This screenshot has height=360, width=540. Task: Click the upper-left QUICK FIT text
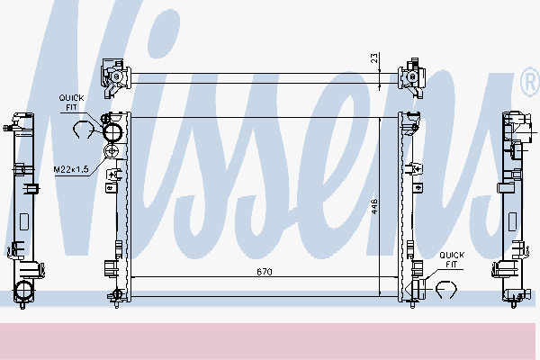click(x=73, y=103)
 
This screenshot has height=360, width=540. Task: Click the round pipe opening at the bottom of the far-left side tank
click(x=23, y=291)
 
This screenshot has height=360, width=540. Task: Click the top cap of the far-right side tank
click(x=515, y=117)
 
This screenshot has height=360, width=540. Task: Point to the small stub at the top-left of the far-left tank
click(x=11, y=128)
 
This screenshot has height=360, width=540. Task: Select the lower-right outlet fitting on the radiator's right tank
click(x=416, y=287)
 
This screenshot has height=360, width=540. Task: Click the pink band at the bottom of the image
click(x=270, y=340)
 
